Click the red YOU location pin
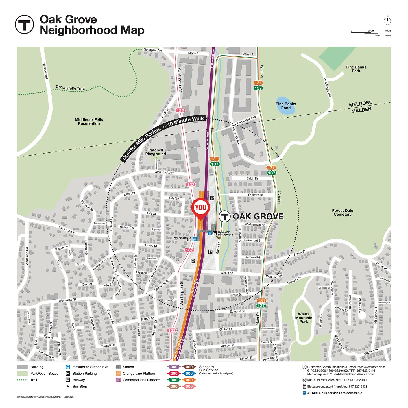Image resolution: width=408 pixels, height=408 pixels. point(200,208)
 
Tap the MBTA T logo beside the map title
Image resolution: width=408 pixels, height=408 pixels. point(24,25)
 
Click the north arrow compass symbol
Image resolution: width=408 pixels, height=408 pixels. point(387,20)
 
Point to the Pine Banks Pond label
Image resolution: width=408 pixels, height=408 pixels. point(286,106)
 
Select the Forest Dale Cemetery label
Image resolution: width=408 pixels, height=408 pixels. point(342,213)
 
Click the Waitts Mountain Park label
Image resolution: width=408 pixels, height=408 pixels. point(304,318)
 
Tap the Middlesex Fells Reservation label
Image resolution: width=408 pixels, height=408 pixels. point(89,122)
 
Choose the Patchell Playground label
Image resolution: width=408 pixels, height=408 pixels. point(156,152)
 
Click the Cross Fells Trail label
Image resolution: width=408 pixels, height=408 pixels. point(70,88)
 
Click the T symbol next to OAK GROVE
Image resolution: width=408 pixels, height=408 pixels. point(224,217)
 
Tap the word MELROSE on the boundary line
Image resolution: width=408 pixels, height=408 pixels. point(360,104)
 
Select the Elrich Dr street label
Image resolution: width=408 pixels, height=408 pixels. point(252,178)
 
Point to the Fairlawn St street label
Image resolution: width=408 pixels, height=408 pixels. point(255,195)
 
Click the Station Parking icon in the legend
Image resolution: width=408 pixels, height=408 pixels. point(68,373)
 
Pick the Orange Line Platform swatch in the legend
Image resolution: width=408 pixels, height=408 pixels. point(118,373)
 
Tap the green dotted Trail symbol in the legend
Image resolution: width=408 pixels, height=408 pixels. point(22,380)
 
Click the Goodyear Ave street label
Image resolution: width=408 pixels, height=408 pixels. point(153,50)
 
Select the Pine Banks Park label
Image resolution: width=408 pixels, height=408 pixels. point(356,69)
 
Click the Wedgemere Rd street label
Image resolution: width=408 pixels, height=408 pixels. point(255,224)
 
